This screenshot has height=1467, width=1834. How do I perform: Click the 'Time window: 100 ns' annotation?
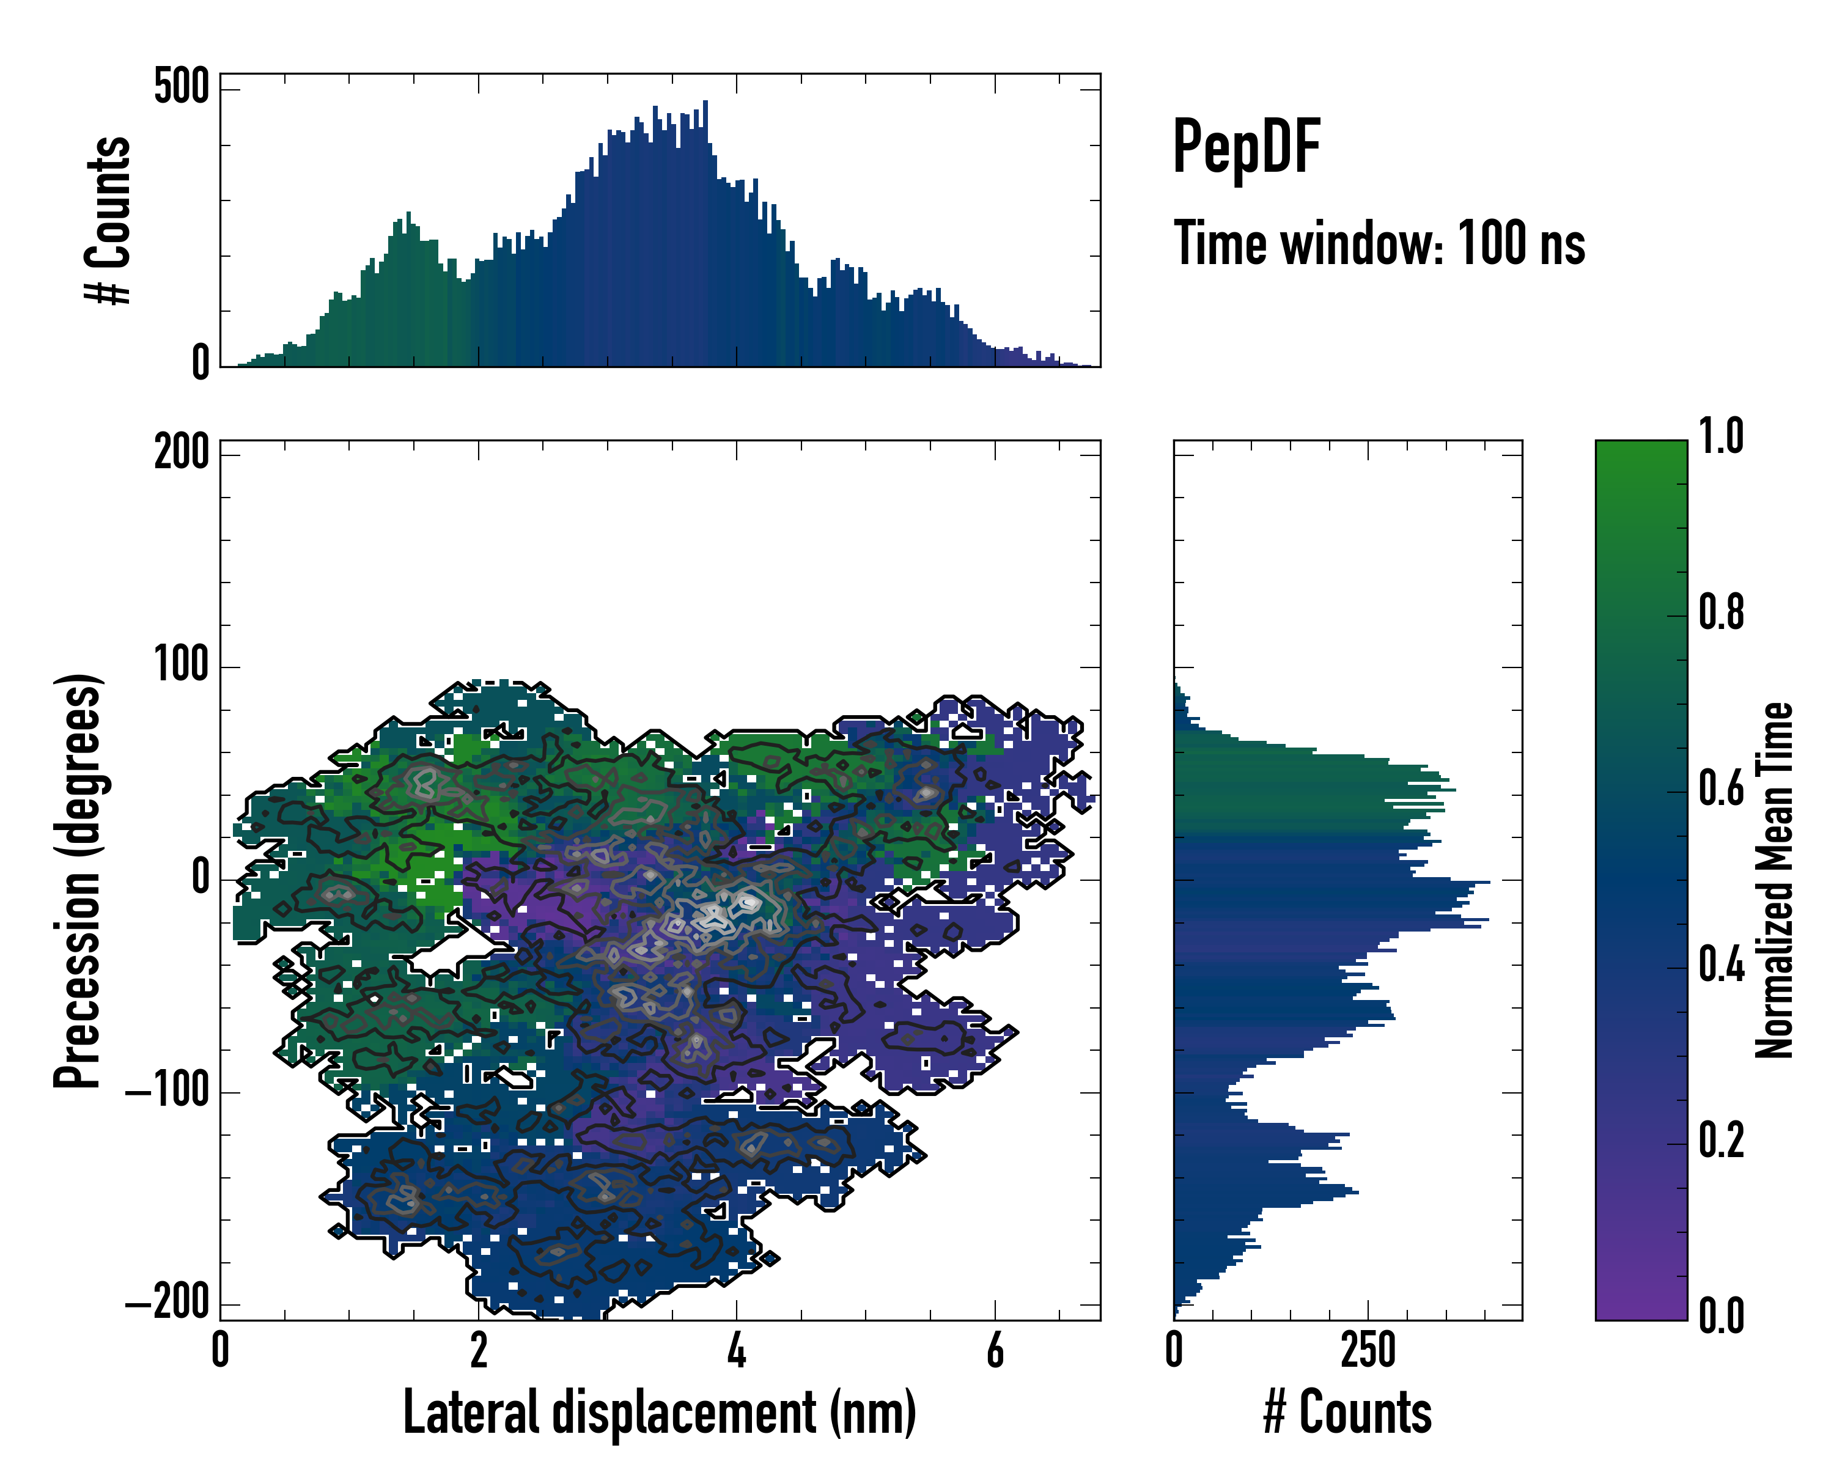click(1379, 244)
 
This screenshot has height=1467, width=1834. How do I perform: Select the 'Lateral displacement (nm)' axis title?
click(659, 1413)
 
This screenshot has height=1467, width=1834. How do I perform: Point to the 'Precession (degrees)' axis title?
click(78, 880)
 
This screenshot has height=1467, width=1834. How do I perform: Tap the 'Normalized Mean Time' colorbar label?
click(1775, 880)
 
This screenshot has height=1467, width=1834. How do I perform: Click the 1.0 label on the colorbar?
click(1721, 436)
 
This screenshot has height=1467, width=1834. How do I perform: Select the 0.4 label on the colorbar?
click(1721, 966)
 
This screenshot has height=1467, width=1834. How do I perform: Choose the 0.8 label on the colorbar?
click(1721, 612)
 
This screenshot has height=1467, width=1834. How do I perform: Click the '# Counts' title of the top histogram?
click(108, 220)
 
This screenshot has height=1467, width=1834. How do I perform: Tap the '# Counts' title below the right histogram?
click(1347, 1413)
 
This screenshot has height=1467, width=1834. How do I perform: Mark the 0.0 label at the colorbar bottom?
click(1721, 1315)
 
